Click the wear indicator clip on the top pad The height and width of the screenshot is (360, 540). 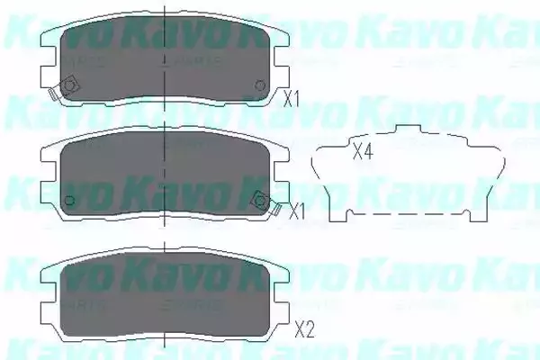click(65, 88)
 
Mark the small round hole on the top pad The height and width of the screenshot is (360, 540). click(260, 86)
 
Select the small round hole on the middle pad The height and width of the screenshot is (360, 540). click(68, 200)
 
